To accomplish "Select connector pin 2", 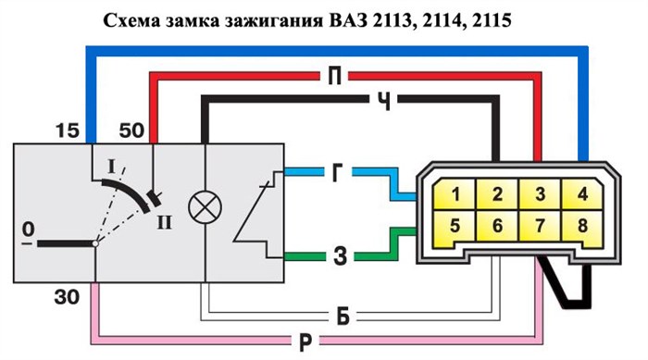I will (497, 195).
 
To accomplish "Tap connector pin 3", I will (539, 195).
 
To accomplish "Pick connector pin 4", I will (581, 195).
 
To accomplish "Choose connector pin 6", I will (497, 224).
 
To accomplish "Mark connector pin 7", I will (539, 224).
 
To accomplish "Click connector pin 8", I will (581, 224).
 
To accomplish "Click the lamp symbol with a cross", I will (202, 208).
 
